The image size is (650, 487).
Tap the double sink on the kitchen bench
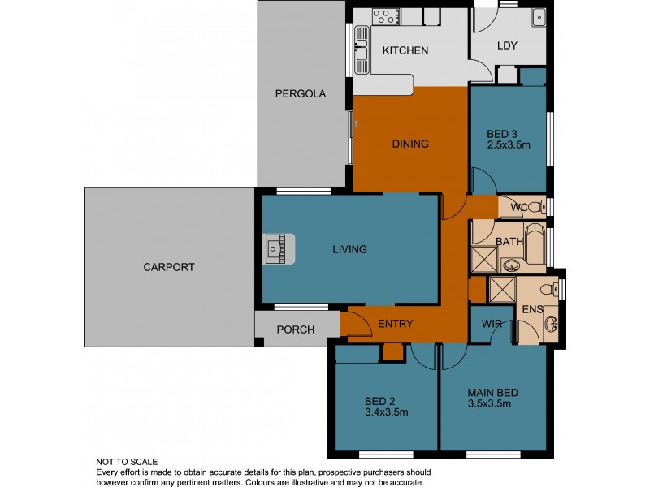pyautogui.click(x=361, y=49)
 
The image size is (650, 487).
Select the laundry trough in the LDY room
pyautogui.click(x=538, y=17)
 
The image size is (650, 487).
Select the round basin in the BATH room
pyautogui.click(x=512, y=265)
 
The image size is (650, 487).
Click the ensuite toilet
pyautogui.click(x=554, y=288)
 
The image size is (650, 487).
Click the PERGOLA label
pyautogui.click(x=300, y=94)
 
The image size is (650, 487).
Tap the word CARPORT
pyautogui.click(x=169, y=267)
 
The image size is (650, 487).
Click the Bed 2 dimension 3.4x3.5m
pyautogui.click(x=386, y=412)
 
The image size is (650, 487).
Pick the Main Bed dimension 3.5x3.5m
pyautogui.click(x=493, y=406)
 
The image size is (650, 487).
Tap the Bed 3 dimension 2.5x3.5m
pyautogui.click(x=508, y=145)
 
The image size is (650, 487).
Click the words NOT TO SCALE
pyautogui.click(x=127, y=462)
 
